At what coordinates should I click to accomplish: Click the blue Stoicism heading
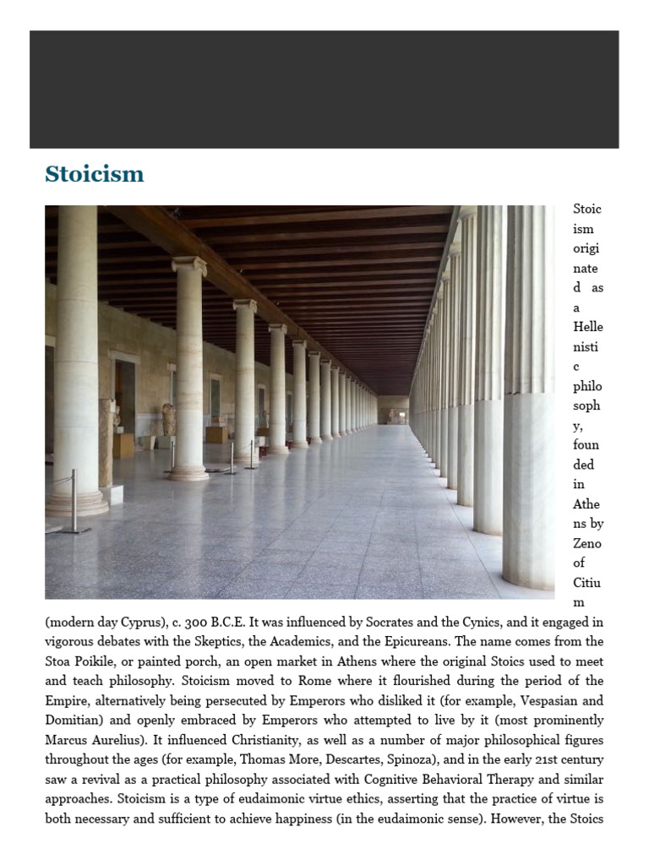click(95, 174)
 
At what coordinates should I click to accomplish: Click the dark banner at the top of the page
click(324, 90)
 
